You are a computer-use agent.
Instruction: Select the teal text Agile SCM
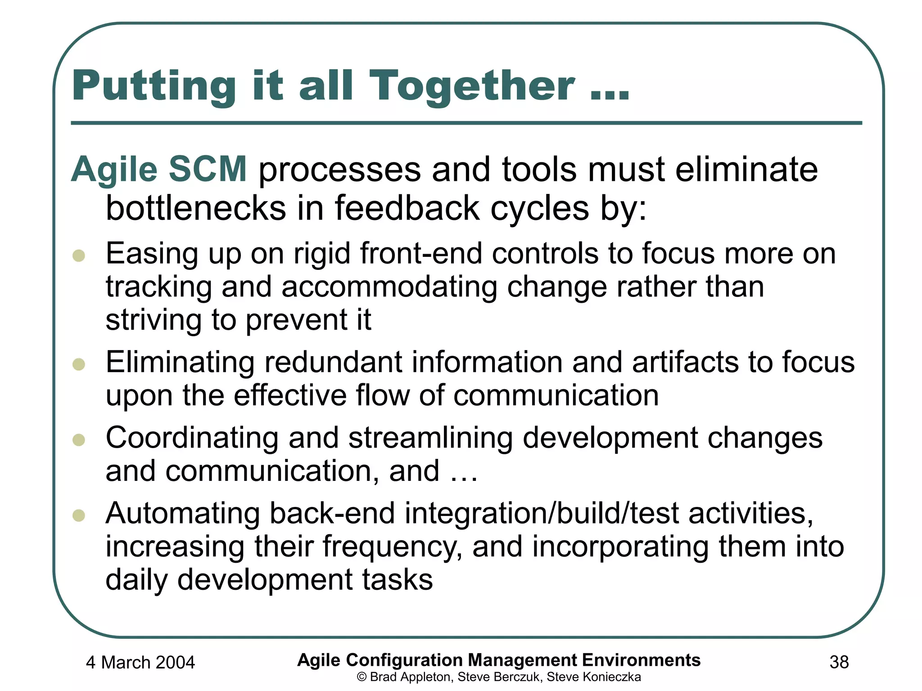159,170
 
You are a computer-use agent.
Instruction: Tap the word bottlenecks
196,208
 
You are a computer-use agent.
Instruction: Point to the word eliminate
746,170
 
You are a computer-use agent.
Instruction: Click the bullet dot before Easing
79,256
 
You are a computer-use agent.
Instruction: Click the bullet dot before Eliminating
79,364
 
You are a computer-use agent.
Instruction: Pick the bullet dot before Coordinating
79,440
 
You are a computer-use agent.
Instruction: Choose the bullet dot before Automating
79,515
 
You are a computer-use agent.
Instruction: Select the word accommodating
389,287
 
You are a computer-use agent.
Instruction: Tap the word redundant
333,362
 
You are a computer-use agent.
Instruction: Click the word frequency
392,547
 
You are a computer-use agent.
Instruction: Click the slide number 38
839,662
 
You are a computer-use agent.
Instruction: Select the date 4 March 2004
140,662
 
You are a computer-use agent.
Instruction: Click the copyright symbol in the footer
362,677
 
